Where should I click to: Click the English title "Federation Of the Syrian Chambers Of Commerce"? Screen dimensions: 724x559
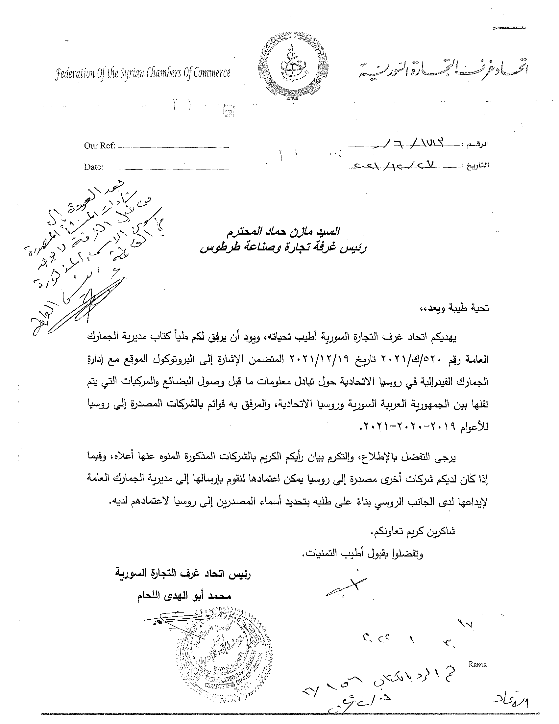pos(143,73)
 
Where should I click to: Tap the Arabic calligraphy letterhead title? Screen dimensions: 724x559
pos(442,69)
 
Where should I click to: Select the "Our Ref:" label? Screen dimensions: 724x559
pos(99,146)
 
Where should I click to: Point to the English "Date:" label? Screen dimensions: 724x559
pos(94,167)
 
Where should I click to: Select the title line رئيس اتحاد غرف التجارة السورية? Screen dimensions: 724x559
pos(183,574)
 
